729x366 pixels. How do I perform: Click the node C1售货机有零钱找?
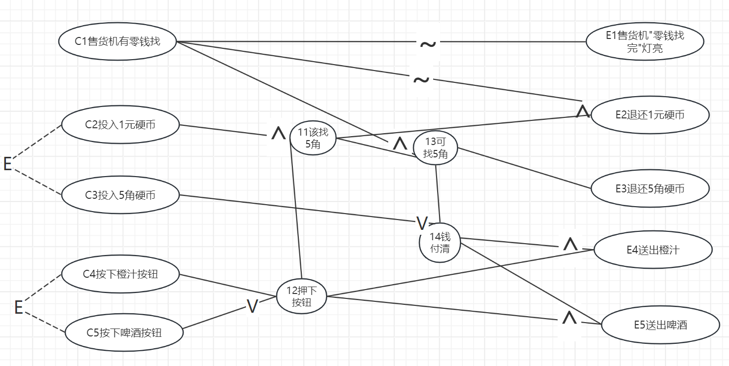click(x=118, y=41)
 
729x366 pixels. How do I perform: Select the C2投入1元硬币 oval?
click(x=120, y=125)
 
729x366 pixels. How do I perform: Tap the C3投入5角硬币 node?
click(x=120, y=195)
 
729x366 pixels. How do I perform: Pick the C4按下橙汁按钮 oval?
click(x=120, y=274)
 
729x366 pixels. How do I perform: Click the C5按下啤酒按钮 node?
click(x=124, y=333)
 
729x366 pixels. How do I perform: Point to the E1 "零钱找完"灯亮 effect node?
click(x=645, y=42)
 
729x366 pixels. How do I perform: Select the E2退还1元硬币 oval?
click(x=649, y=115)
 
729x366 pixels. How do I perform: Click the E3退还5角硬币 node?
click(x=649, y=188)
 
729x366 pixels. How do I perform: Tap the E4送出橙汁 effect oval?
click(x=652, y=250)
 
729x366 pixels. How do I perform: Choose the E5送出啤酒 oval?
click(x=660, y=325)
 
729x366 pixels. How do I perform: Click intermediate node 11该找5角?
click(x=313, y=138)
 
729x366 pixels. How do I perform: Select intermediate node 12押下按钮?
click(x=301, y=296)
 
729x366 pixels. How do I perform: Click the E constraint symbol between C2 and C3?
click(x=7, y=164)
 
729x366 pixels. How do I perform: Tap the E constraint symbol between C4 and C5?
click(x=18, y=308)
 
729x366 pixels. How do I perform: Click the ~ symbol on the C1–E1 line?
click(x=428, y=44)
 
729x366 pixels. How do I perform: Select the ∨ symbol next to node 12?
click(x=252, y=307)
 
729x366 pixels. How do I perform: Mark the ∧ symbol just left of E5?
click(x=569, y=319)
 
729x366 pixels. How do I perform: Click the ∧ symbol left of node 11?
click(x=279, y=133)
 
